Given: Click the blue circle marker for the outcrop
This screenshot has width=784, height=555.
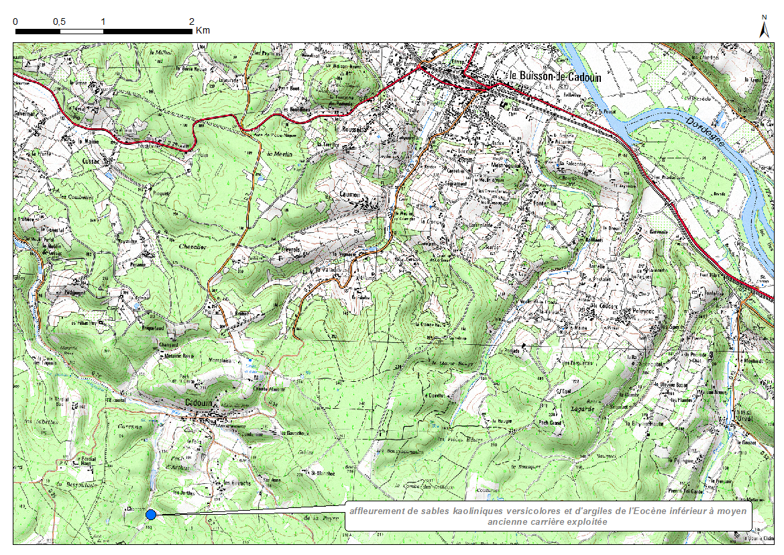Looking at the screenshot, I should pos(151,514).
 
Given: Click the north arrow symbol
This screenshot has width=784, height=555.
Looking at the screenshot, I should pos(763,27).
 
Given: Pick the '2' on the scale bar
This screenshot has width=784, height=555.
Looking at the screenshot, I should pos(192,21).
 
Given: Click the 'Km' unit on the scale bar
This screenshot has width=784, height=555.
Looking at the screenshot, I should pos(203,30).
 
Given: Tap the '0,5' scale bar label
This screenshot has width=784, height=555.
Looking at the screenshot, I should pos(59,21).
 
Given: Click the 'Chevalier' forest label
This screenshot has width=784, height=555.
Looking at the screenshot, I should pos(193,246).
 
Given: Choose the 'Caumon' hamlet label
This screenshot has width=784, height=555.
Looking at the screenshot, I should pos(349,195).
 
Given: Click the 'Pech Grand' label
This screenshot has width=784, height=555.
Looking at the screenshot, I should pos(551,423).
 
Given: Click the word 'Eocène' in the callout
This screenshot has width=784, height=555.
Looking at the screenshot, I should pos(642,511).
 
